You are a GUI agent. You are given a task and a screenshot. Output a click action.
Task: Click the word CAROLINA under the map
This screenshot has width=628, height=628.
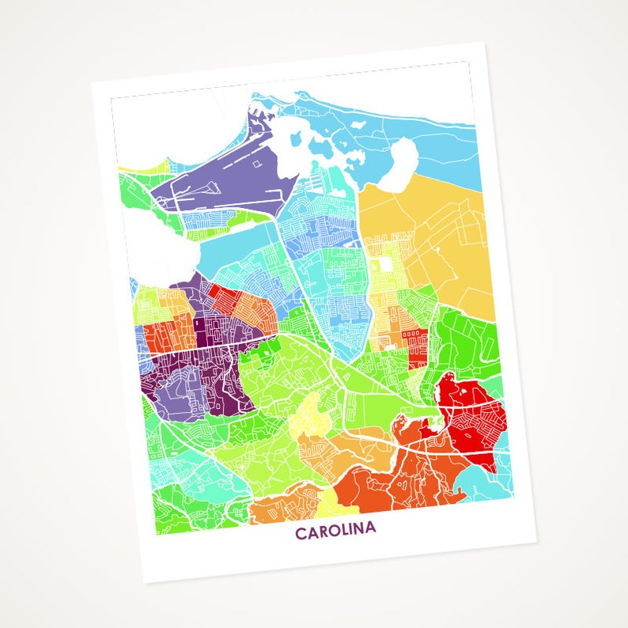[335, 532]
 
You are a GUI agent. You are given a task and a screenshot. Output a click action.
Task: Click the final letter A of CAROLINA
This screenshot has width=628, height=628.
[369, 528]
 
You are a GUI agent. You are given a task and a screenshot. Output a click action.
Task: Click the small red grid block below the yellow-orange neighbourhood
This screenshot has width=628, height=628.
[414, 341]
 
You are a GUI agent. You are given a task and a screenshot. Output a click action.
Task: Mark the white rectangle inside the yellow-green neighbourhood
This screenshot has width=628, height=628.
[385, 264]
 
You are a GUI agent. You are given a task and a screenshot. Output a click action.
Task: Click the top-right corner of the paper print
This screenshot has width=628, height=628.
[485, 43]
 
